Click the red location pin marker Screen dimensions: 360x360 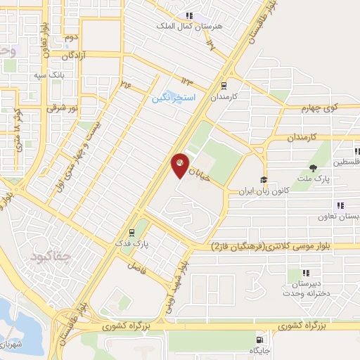[180, 165]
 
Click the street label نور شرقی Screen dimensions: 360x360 [60, 108]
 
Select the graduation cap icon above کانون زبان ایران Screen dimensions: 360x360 [264, 180]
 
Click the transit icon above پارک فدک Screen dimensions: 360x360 [131, 232]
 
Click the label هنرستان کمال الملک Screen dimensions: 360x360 [186, 25]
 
